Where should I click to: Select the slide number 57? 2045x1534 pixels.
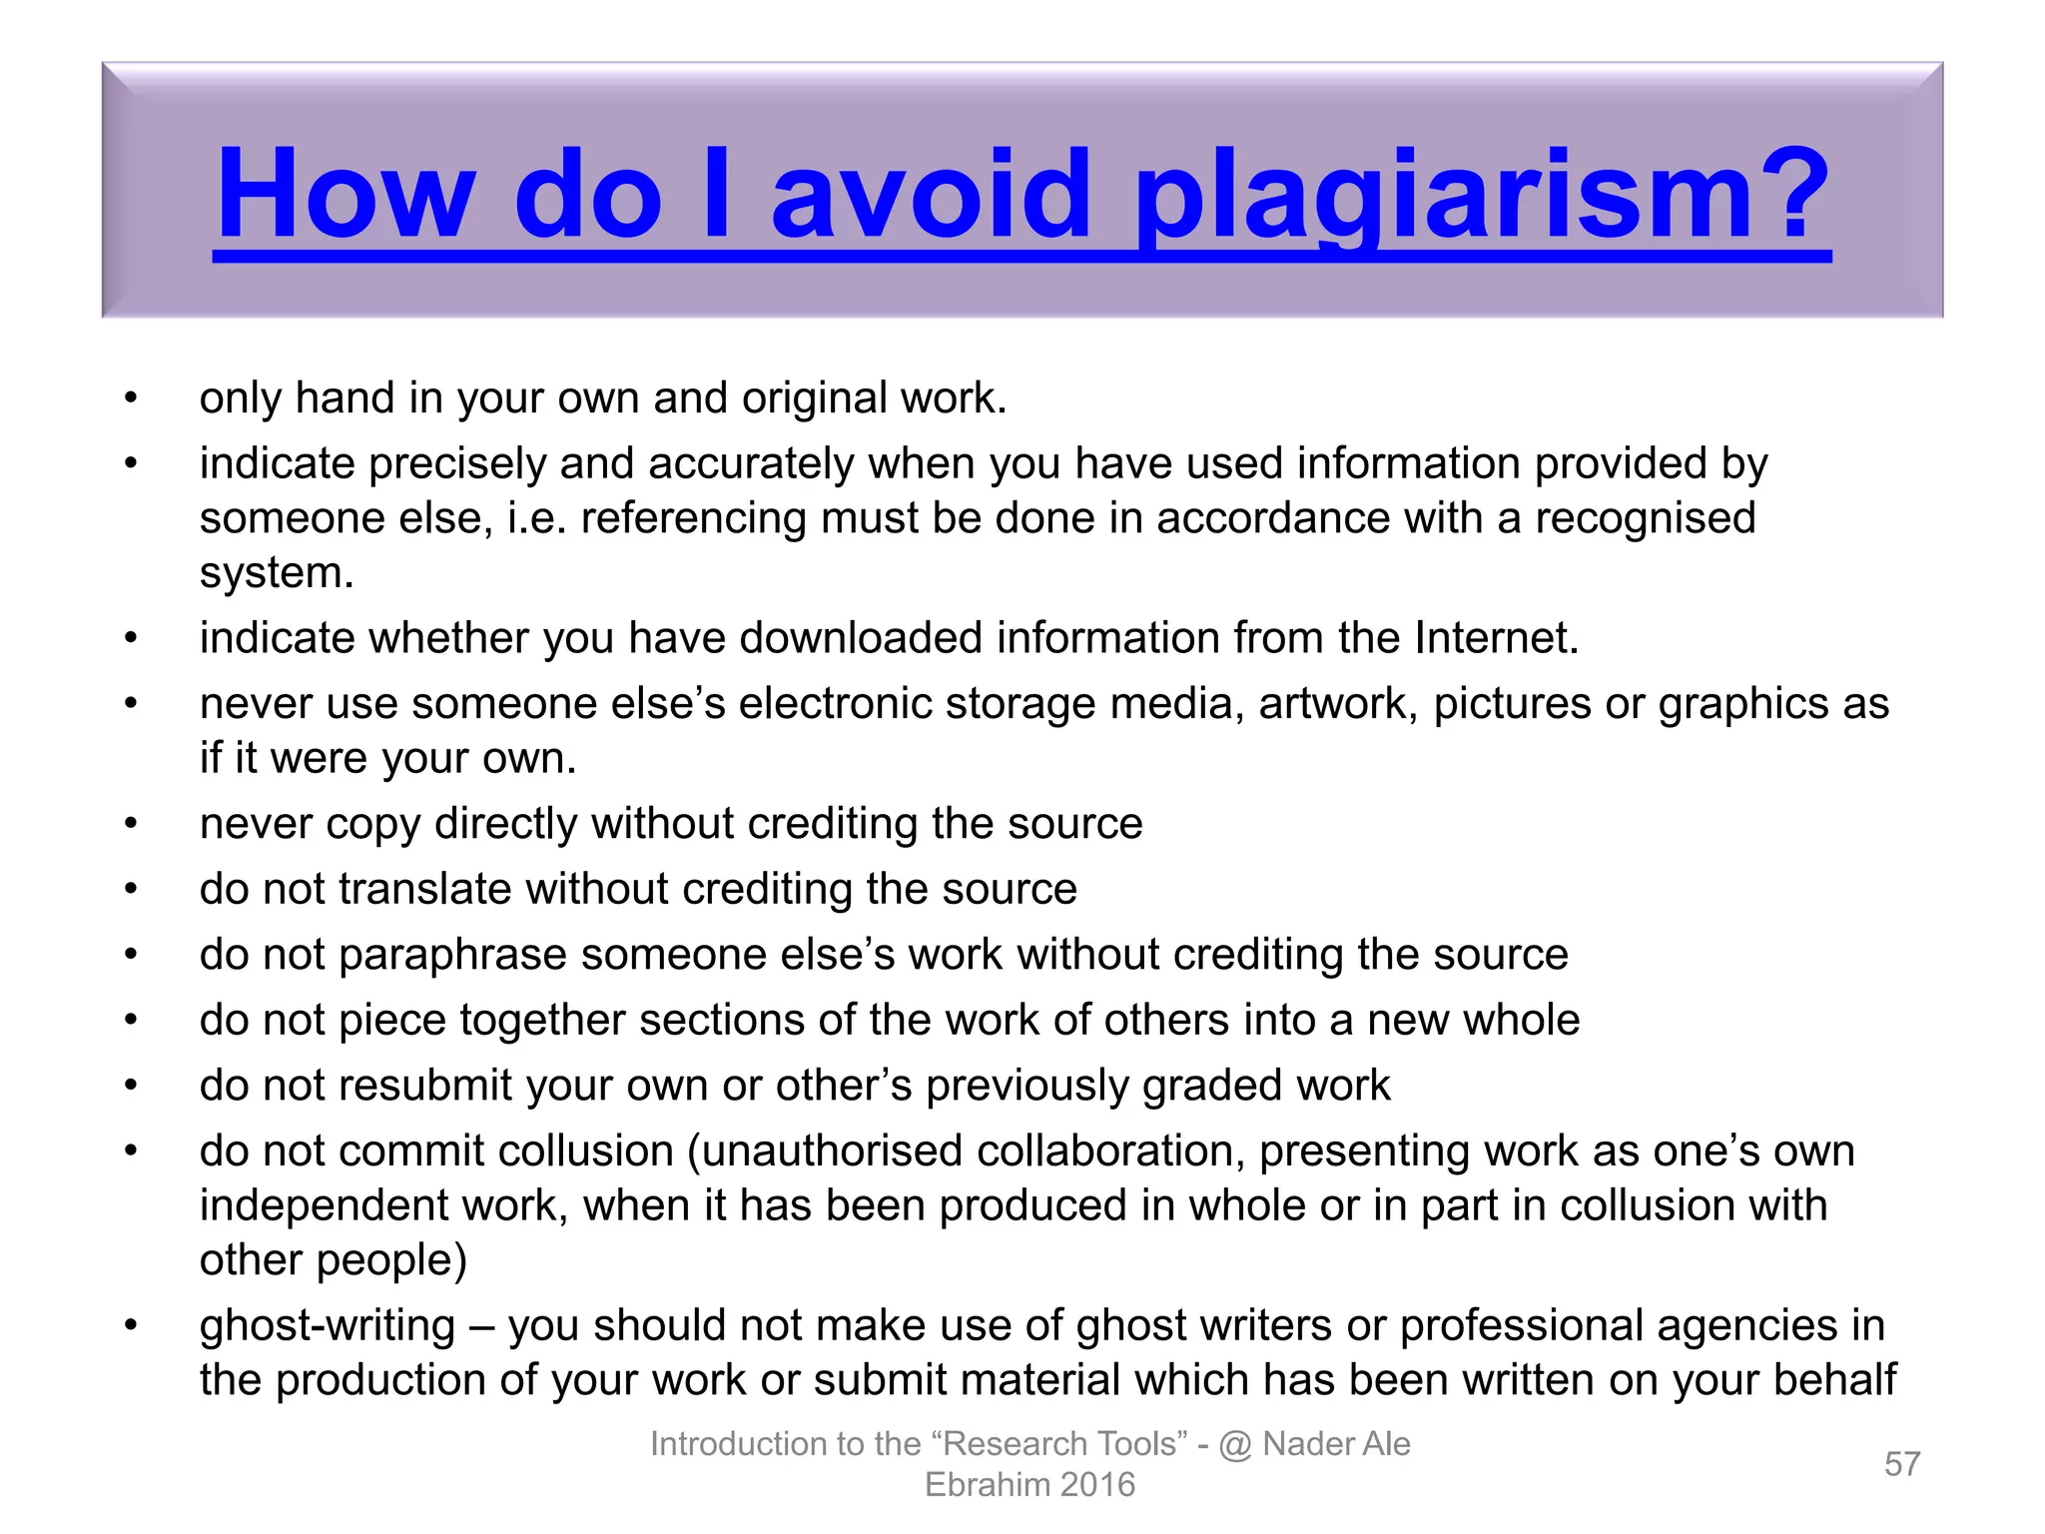(x=1902, y=1464)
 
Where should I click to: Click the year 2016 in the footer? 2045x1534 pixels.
(x=1097, y=1485)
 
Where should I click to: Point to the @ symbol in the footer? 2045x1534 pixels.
(x=1235, y=1444)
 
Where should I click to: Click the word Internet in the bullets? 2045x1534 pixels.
(x=1495, y=638)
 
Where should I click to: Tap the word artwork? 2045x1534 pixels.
(x=1338, y=704)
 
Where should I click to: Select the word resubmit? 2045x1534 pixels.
(x=425, y=1086)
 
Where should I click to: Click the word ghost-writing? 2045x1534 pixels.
(x=328, y=1326)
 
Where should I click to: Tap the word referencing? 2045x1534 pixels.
(x=693, y=519)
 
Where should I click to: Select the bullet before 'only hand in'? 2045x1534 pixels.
(x=131, y=398)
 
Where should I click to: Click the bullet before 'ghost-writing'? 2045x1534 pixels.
(x=131, y=1326)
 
